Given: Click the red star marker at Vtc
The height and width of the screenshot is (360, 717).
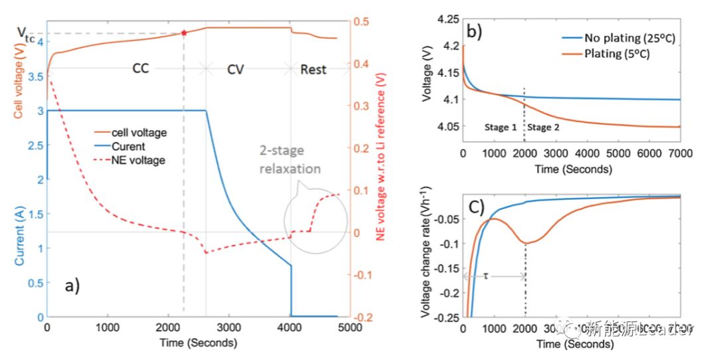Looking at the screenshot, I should pyautogui.click(x=184, y=33).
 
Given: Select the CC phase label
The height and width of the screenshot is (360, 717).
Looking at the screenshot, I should pyautogui.click(x=141, y=68).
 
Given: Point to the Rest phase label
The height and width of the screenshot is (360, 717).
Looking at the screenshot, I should pyautogui.click(x=313, y=68).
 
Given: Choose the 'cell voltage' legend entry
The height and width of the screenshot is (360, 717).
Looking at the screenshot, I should pyautogui.click(x=139, y=133).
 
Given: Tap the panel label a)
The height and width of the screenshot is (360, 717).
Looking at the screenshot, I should pyautogui.click(x=72, y=286).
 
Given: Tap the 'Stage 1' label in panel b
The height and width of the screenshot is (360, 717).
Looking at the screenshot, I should pyautogui.click(x=501, y=127).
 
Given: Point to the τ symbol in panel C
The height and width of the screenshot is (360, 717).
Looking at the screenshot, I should pyautogui.click(x=485, y=274).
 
